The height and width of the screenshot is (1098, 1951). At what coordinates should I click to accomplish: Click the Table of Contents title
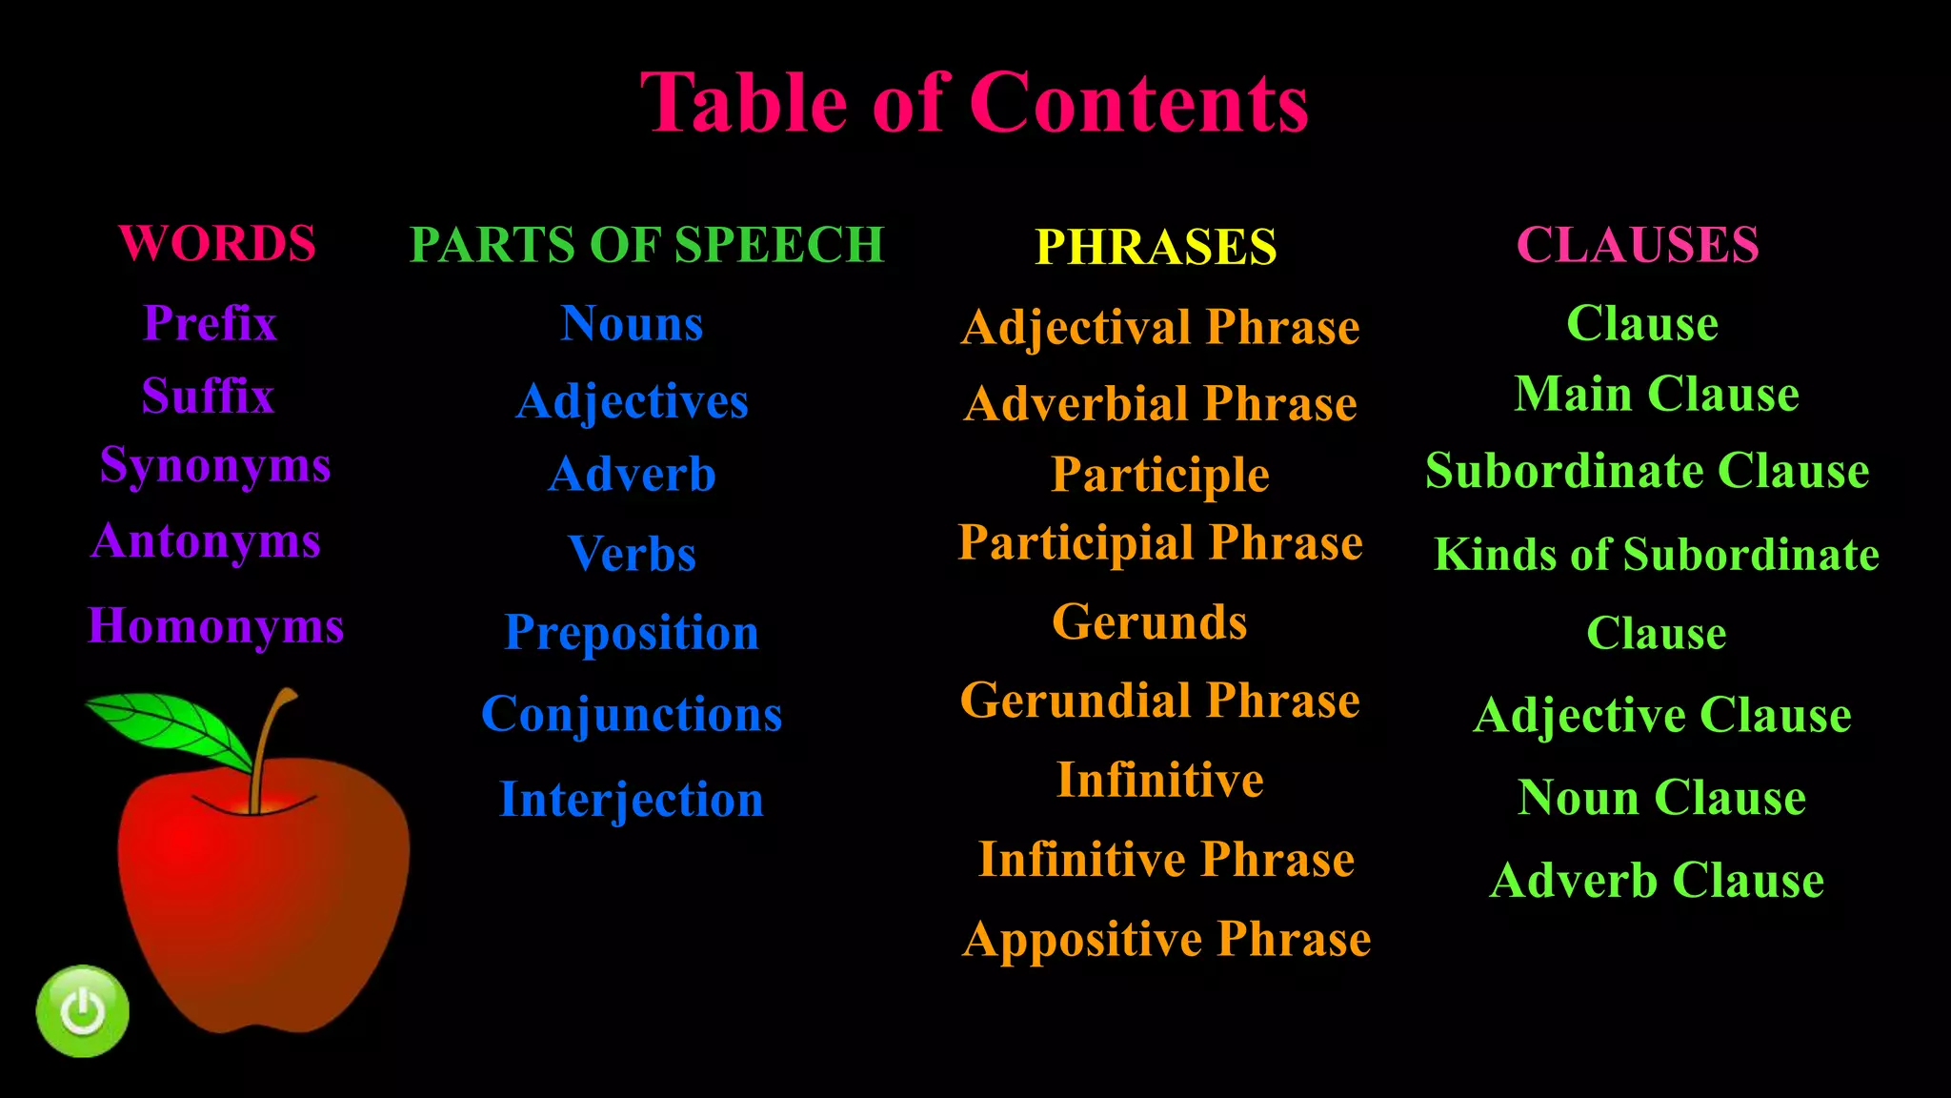coord(975,103)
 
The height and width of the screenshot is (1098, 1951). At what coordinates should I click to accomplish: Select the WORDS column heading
coord(217,244)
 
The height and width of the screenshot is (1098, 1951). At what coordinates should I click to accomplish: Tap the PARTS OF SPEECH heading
coord(647,245)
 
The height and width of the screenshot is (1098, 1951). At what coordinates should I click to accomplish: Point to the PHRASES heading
coord(1156,247)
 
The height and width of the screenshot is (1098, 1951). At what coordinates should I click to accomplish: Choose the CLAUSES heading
coord(1638,245)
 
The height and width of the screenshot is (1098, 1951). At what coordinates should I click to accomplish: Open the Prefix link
coord(210,323)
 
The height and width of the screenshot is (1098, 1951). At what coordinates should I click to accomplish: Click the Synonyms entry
coord(215,466)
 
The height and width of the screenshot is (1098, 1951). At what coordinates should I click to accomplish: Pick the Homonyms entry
coord(215,626)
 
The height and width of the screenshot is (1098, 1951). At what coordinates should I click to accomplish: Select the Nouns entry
coord(632,324)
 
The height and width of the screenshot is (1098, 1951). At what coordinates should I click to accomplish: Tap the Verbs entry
coord(632,554)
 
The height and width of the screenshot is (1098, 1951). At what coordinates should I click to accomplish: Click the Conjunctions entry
coord(632,714)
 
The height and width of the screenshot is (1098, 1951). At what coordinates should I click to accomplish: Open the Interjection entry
coord(632,799)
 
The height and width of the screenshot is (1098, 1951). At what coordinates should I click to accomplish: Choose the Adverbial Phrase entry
coord(1160,404)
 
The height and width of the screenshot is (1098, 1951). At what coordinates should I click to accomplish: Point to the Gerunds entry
coord(1149,622)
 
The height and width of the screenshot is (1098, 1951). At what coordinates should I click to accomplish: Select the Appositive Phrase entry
coord(1167,939)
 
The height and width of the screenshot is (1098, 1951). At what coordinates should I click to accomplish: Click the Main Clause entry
coord(1657,394)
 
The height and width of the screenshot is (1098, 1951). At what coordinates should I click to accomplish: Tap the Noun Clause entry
coord(1661,798)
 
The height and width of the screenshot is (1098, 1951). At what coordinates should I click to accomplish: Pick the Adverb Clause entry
coord(1657,880)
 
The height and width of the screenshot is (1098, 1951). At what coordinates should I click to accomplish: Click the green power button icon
coord(83,1011)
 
